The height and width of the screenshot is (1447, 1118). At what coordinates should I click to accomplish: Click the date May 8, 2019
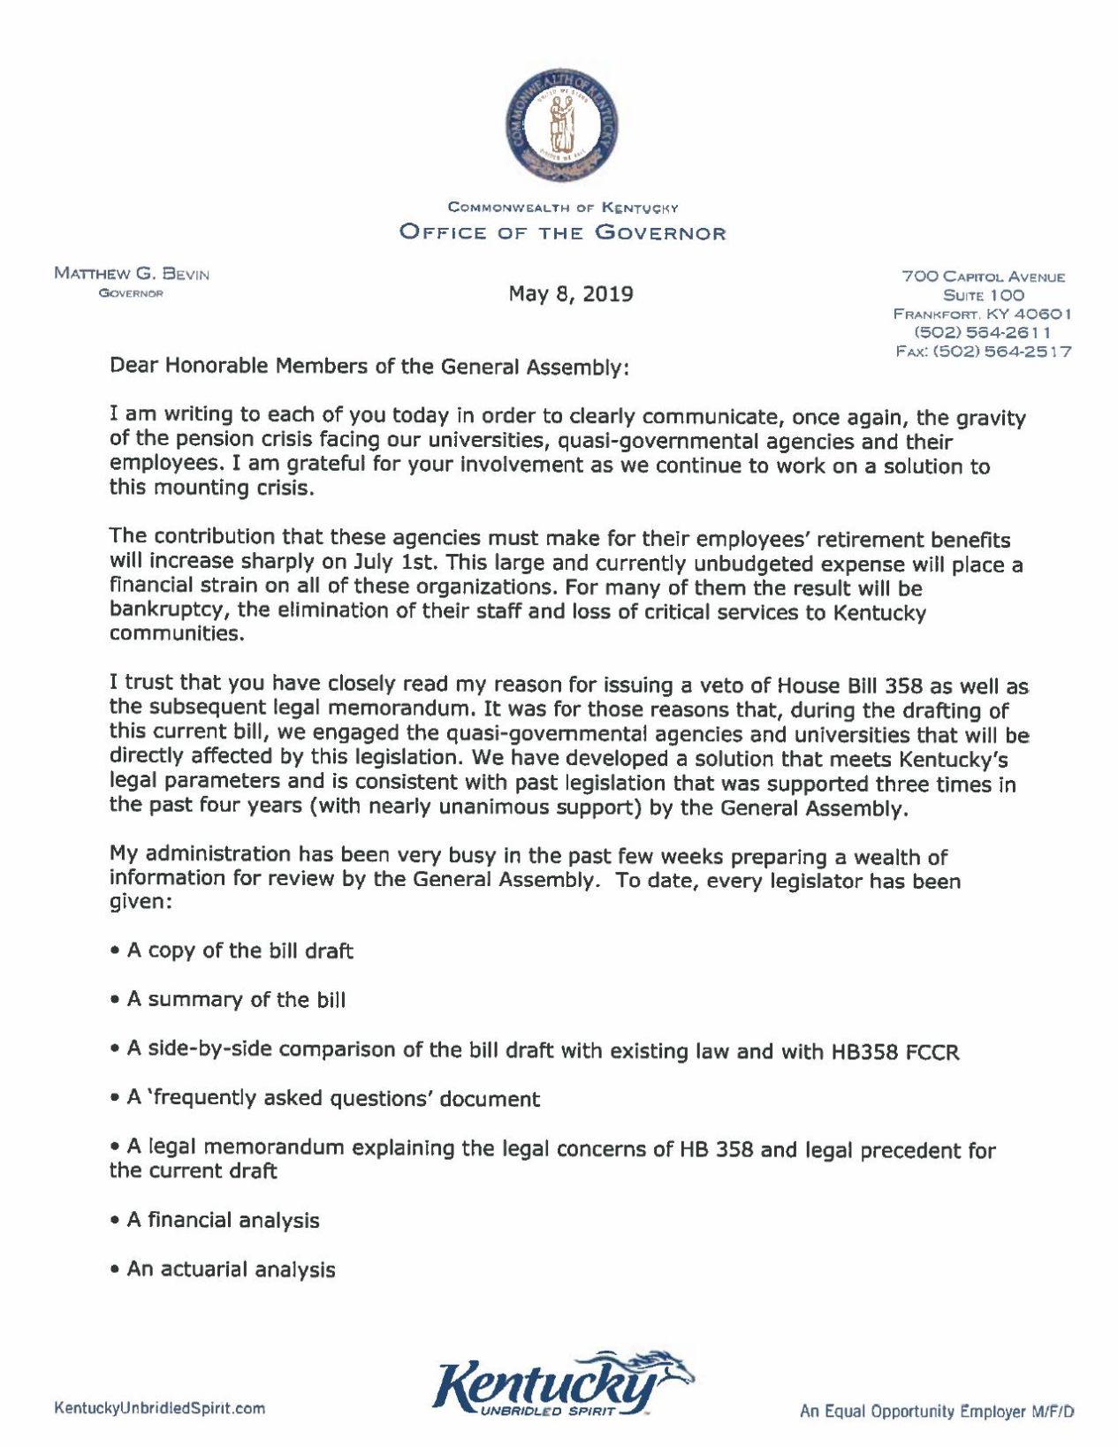coord(570,294)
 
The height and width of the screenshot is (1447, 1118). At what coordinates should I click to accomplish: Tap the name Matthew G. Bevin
coord(132,274)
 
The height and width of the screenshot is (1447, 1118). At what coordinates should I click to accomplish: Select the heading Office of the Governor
coord(563,233)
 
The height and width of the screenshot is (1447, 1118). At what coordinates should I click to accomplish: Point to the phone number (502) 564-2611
coord(983,332)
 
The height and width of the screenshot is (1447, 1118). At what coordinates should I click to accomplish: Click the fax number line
coord(983,351)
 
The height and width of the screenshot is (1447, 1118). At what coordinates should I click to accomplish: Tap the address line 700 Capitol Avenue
coord(983,277)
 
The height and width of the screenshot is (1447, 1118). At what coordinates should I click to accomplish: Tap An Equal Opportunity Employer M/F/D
coord(937,1412)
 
